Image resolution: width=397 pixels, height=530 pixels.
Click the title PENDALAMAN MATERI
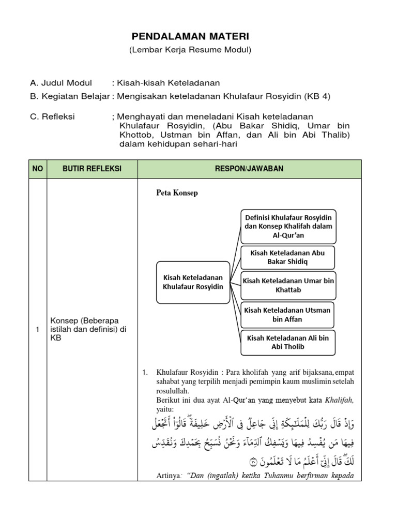(190, 37)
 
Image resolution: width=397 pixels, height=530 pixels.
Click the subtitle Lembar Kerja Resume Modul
(190, 50)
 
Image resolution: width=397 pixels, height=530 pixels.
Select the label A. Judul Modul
(61, 83)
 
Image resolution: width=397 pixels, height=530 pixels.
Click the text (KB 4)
(315, 96)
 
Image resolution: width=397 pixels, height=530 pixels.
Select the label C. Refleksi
(53, 116)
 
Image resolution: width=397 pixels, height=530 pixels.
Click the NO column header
(38, 169)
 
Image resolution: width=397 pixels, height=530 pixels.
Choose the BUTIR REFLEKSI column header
(91, 169)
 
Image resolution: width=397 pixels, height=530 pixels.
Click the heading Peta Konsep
(177, 193)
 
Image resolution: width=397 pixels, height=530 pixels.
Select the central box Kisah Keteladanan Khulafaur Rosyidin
(193, 282)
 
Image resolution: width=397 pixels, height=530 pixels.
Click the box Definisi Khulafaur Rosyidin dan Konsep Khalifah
(288, 226)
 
